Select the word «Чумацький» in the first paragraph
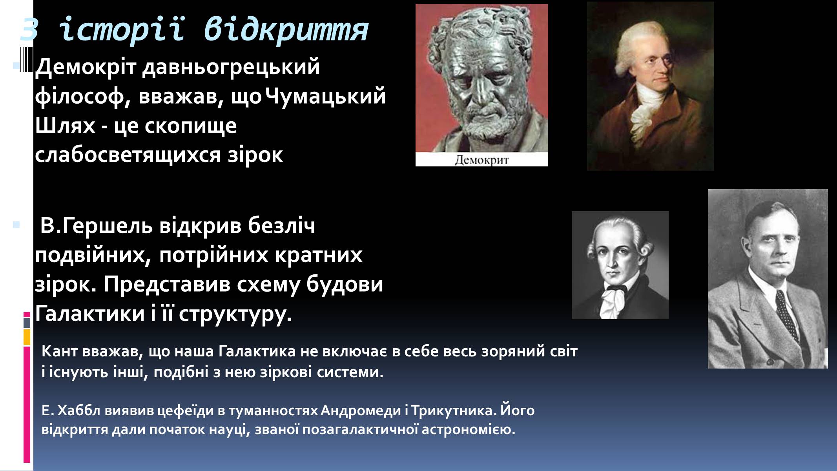click(326, 97)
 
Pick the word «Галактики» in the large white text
click(90, 314)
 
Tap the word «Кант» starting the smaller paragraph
click(60, 351)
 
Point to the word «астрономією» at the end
click(468, 430)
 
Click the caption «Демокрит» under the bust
click(481, 160)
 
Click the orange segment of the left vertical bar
click(27, 337)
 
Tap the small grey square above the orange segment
click(27, 323)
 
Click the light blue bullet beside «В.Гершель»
click(16, 225)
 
